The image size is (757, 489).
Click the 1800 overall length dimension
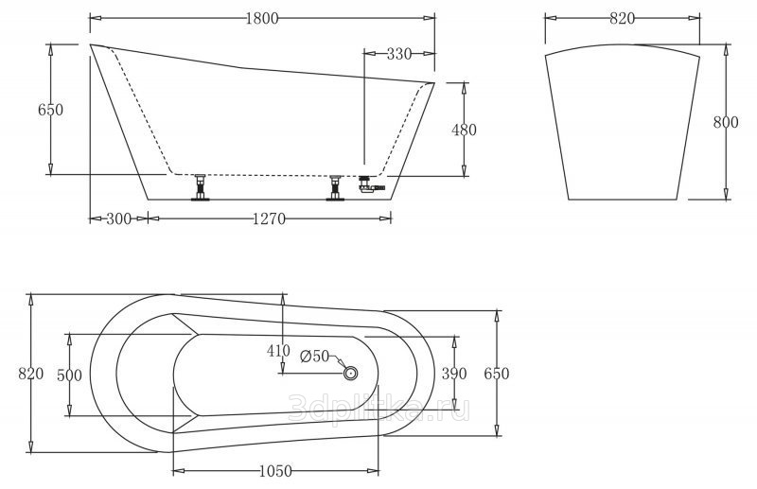262,18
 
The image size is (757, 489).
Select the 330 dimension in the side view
398,54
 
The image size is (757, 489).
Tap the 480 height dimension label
464,130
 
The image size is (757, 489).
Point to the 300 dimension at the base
118,219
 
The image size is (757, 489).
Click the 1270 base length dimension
269,219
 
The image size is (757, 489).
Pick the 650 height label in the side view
50,110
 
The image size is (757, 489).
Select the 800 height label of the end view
726,123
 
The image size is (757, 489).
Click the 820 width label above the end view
622,18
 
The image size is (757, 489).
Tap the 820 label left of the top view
30,374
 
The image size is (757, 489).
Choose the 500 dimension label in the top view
69,375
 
